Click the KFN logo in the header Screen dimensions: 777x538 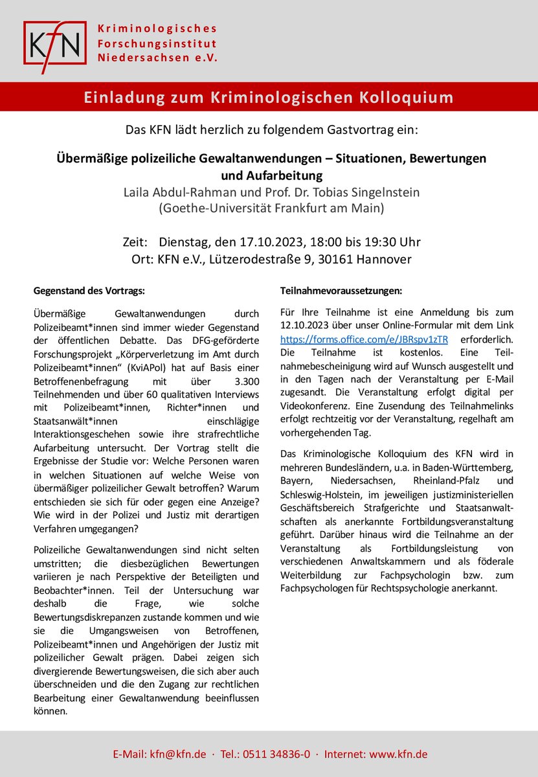pyautogui.click(x=54, y=43)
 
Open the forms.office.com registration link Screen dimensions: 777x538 pyautogui.click(x=364, y=339)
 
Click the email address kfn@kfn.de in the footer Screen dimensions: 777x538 pyautogui.click(x=179, y=754)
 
